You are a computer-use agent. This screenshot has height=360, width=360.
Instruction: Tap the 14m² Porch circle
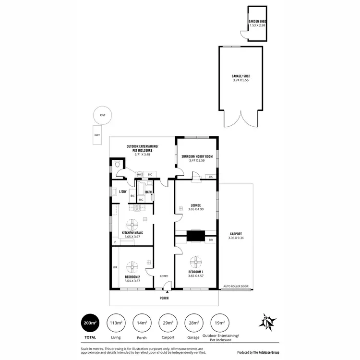[142, 323]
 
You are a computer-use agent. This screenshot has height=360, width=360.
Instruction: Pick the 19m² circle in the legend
[220, 323]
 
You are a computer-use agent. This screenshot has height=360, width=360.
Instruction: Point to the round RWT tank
[103, 115]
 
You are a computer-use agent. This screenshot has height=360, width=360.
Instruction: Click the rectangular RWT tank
[97, 135]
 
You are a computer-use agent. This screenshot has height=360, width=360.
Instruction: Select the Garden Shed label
[257, 22]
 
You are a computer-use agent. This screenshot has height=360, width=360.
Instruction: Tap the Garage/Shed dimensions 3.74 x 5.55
[241, 81]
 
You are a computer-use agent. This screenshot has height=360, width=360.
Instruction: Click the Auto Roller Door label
[237, 286]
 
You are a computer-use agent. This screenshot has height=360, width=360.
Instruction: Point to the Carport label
[236, 233]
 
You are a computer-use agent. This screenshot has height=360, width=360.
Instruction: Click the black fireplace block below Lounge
[195, 236]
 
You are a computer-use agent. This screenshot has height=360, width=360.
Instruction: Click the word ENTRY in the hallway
[164, 276]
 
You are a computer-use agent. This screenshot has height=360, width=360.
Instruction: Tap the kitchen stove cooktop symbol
[136, 208]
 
